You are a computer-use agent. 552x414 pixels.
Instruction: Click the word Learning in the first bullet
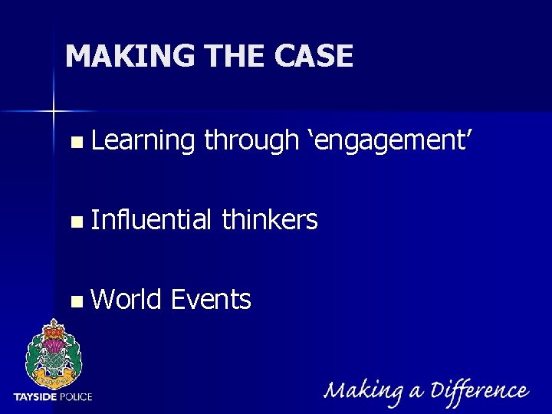pos(143,141)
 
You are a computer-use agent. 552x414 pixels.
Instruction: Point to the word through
pos(251,141)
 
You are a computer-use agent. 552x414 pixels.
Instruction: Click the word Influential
pos(150,220)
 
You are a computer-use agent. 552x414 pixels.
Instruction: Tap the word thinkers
pos(269,220)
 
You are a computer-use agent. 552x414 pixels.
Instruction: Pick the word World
pos(126,299)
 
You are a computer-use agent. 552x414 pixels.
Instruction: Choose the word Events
pos(211,299)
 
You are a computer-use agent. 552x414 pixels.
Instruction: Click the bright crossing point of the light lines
pos(53,112)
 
